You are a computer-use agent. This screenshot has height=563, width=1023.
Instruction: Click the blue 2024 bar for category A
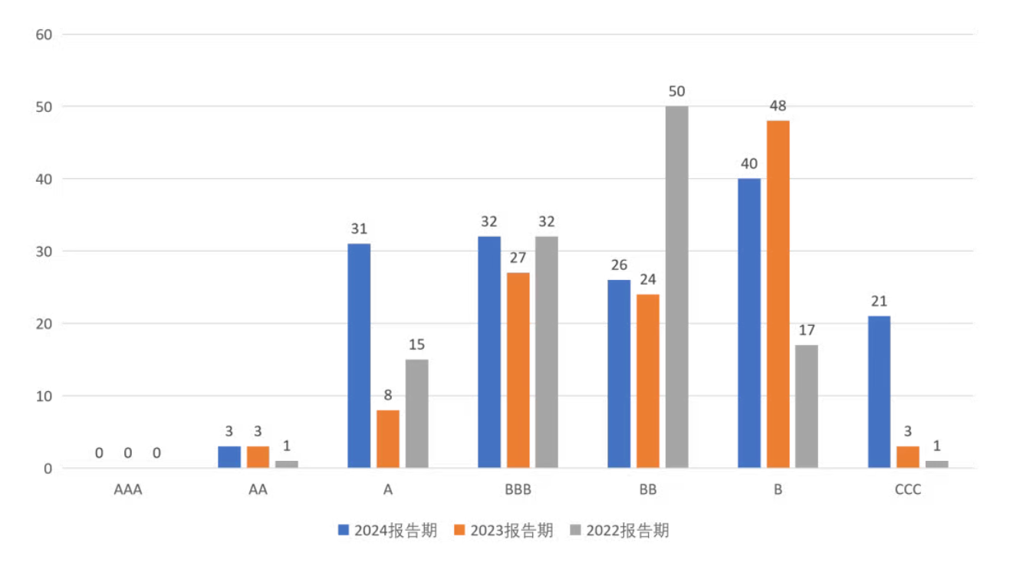click(x=359, y=356)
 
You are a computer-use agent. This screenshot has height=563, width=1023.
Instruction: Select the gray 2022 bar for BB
click(x=676, y=287)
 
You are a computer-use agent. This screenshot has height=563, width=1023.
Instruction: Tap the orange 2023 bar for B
click(x=778, y=295)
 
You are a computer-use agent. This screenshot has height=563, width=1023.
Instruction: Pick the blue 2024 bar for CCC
click(x=879, y=392)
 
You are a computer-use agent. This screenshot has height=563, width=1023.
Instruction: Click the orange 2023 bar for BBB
click(x=518, y=370)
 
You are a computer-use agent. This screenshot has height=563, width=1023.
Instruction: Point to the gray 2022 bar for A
click(x=416, y=413)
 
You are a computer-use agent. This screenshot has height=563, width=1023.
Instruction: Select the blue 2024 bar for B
click(x=749, y=323)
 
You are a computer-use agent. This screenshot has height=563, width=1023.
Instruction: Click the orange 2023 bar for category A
click(x=387, y=439)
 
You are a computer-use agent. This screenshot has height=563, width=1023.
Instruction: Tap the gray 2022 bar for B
click(x=807, y=407)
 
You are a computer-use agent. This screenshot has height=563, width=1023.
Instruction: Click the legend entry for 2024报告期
click(x=388, y=531)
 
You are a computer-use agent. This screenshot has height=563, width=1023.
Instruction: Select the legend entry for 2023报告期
click(x=504, y=531)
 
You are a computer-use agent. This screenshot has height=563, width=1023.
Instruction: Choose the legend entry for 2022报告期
click(x=620, y=531)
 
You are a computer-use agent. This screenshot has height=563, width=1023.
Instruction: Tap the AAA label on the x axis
click(x=128, y=490)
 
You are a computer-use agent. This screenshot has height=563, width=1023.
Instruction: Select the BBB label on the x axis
click(x=518, y=490)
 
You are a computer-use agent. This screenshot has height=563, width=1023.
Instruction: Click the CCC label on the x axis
click(x=907, y=490)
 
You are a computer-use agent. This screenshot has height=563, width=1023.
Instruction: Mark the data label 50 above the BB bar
click(x=676, y=92)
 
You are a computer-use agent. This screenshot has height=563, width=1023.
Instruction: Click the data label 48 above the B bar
click(x=778, y=106)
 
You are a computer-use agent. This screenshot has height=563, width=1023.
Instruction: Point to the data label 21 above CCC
click(x=879, y=301)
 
